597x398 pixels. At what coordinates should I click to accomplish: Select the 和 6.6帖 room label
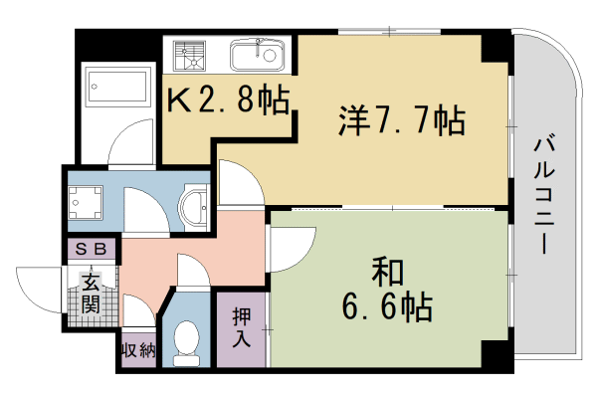pos(388,292)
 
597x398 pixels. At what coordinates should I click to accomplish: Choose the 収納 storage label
pos(137,351)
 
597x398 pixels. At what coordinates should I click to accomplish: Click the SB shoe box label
pos(92,250)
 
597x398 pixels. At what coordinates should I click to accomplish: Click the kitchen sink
pos(258,54)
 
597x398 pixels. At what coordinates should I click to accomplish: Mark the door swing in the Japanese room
pos(291,249)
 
